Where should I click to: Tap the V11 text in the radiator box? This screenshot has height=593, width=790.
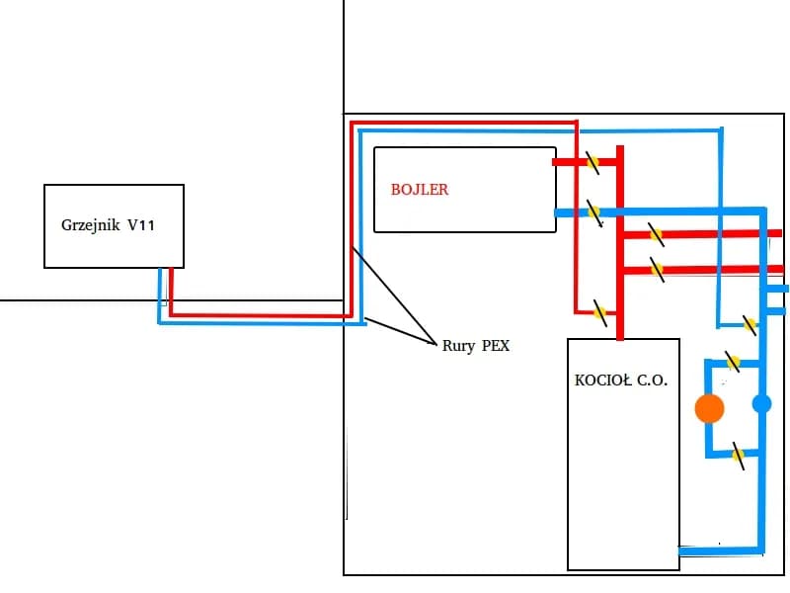[141, 225]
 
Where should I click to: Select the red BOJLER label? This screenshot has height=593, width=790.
[419, 189]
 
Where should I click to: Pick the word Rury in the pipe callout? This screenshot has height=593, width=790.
[459, 346]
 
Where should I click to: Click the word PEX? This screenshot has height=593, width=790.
[496, 346]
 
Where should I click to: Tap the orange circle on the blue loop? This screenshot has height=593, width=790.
[709, 408]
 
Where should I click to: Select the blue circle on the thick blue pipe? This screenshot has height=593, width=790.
[761, 403]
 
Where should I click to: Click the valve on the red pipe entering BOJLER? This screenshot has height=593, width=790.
[592, 162]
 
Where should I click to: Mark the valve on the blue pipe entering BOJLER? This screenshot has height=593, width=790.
[593, 212]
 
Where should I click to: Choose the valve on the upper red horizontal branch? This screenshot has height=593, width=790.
[656, 235]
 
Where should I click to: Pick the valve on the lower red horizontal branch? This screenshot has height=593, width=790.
[656, 269]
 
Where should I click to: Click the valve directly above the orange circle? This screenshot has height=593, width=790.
[733, 363]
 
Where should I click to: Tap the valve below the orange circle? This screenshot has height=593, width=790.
[738, 455]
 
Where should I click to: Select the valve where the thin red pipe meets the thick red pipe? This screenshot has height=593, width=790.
[599, 312]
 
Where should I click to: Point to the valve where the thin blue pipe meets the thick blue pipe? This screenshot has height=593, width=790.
[750, 323]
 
